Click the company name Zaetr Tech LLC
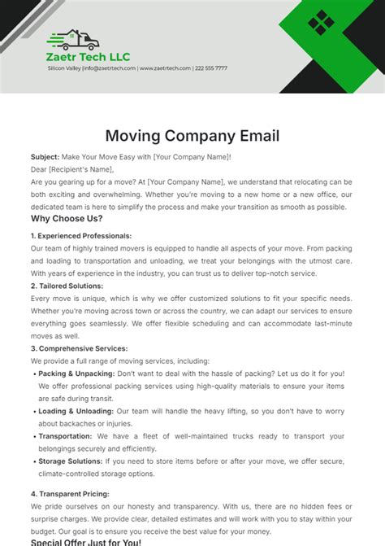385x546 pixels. pyautogui.click(x=89, y=58)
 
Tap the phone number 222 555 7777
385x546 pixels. pyautogui.click(x=211, y=68)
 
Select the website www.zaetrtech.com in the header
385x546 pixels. pyautogui.click(x=165, y=68)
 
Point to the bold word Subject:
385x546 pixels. pyautogui.click(x=45, y=156)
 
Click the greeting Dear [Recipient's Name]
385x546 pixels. pyautogui.click(x=80, y=168)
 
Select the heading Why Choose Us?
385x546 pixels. pyautogui.click(x=67, y=219)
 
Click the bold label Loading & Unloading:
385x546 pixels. pyautogui.click(x=75, y=411)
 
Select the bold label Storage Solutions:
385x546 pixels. pyautogui.click(x=73, y=461)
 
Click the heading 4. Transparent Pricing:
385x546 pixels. pyautogui.click(x=76, y=493)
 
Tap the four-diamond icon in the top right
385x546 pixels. pyautogui.click(x=321, y=22)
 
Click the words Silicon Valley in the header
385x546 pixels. pyautogui.click(x=64, y=68)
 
